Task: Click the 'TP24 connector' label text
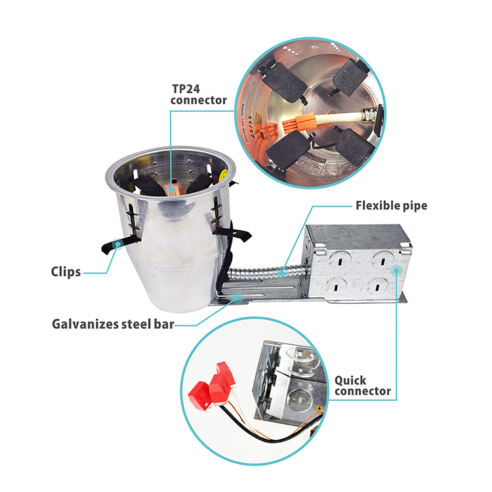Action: pyautogui.click(x=199, y=94)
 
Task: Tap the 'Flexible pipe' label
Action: pyautogui.click(x=391, y=206)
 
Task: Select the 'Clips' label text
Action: pyautogui.click(x=66, y=272)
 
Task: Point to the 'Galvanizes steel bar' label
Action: pyautogui.click(x=113, y=324)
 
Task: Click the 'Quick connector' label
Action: pyautogui.click(x=362, y=386)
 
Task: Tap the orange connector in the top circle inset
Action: pyautogui.click(x=298, y=122)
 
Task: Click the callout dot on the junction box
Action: pyautogui.click(x=397, y=270)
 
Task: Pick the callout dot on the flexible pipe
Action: pyautogui.click(x=282, y=272)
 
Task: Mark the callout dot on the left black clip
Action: pyautogui.click(x=117, y=244)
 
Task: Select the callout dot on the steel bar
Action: pyautogui.click(x=237, y=297)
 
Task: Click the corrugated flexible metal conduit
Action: pyautogui.click(x=267, y=272)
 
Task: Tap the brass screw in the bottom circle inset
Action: pyautogui.click(x=319, y=408)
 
